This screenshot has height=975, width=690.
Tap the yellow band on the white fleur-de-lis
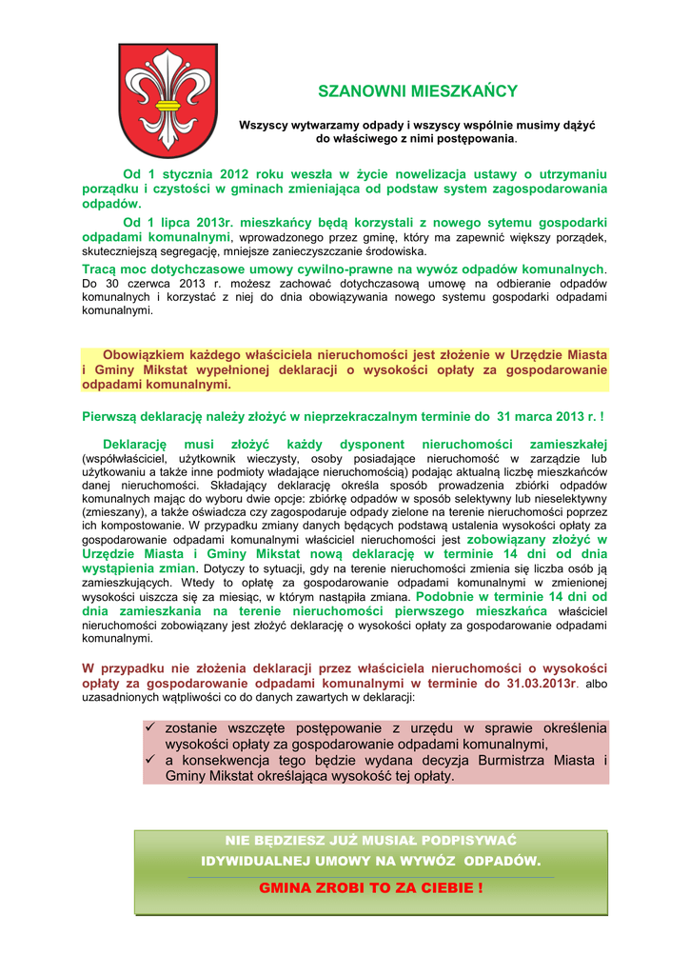pos(168,105)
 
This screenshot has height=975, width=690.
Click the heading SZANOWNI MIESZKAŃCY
pos(417,91)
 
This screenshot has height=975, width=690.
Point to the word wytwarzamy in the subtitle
pos(314,125)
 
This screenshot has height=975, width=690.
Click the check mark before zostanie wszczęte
pos(150,728)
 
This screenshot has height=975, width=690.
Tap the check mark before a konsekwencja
pos(150,760)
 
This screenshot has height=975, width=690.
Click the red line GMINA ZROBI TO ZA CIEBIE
pos(371,887)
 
